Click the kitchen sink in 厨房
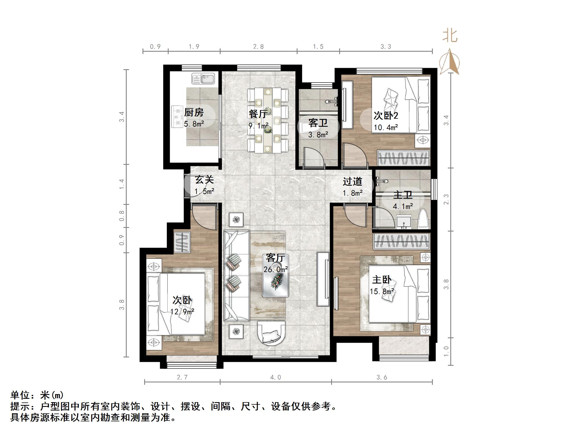[x=203, y=79]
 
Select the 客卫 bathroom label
[x=318, y=123]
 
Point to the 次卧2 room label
[x=386, y=115]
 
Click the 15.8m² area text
[x=382, y=291]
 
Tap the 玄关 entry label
[x=204, y=180]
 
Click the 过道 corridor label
[x=352, y=182]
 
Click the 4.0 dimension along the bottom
[x=275, y=377]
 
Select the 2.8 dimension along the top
[x=258, y=47]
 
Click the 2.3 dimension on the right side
[x=446, y=199]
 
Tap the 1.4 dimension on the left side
[x=122, y=184]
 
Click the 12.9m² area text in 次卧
[x=182, y=312]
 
